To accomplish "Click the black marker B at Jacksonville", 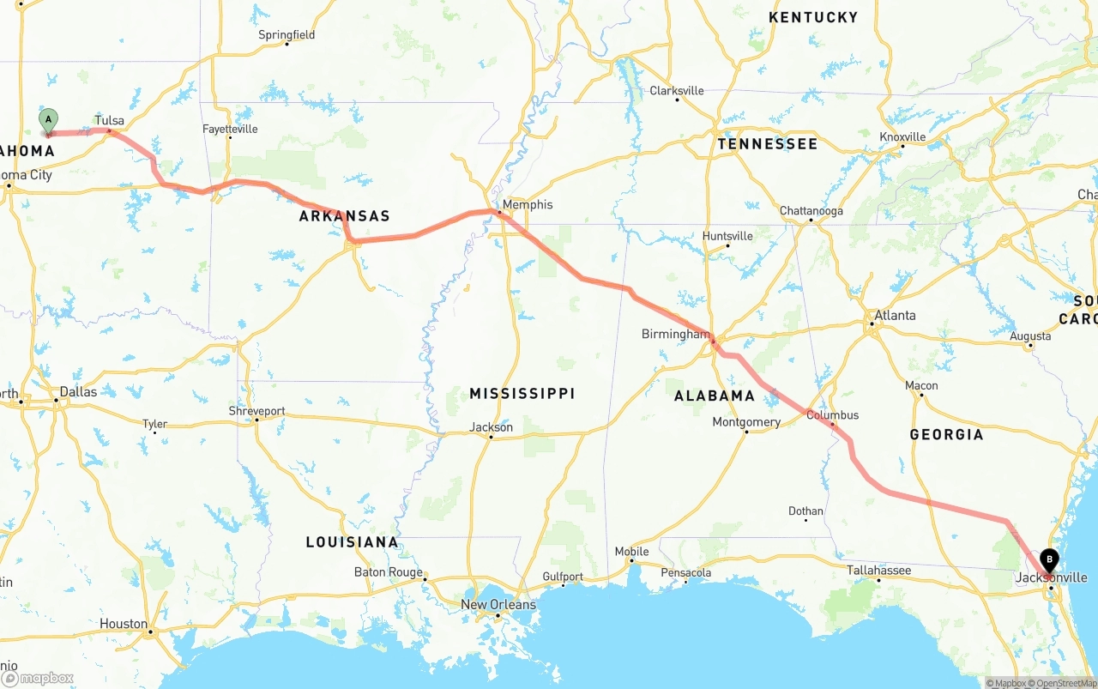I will [1048, 561].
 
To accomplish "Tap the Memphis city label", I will [528, 204].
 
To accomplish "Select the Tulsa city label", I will [110, 120].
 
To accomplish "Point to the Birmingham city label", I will [675, 334].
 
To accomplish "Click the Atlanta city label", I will [895, 315].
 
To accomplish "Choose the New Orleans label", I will [498, 604].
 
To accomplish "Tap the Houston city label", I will [123, 624].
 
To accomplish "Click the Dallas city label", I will [77, 391].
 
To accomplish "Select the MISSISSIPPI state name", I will [522, 393].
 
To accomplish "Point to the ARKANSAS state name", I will [344, 216].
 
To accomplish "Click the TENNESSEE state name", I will [767, 143].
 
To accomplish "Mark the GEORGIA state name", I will [946, 434].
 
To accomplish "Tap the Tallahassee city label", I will [878, 570].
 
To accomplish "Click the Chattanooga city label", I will [811, 211].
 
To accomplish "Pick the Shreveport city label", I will [256, 411].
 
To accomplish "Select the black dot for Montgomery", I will [745, 432].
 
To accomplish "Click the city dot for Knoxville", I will [902, 147].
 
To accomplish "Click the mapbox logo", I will [38, 679].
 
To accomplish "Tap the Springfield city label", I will [287, 35].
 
